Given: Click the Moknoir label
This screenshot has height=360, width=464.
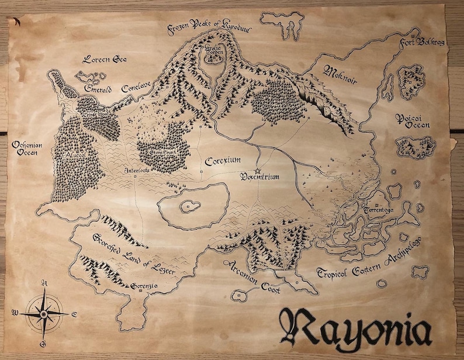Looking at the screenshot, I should [x=340, y=73].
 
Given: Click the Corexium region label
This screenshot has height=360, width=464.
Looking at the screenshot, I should [x=223, y=160].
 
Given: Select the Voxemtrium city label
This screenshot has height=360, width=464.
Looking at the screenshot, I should [x=260, y=176].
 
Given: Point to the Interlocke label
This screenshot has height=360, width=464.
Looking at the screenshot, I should [x=137, y=171].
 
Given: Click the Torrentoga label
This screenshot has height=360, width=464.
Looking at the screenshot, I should [x=380, y=209].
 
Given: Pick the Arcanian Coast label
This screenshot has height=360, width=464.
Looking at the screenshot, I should [x=253, y=276].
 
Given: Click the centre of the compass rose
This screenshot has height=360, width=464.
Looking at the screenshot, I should [x=43, y=313].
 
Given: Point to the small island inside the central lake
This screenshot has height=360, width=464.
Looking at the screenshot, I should [x=188, y=205].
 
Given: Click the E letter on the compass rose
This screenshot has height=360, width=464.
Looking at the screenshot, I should [x=74, y=314].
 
